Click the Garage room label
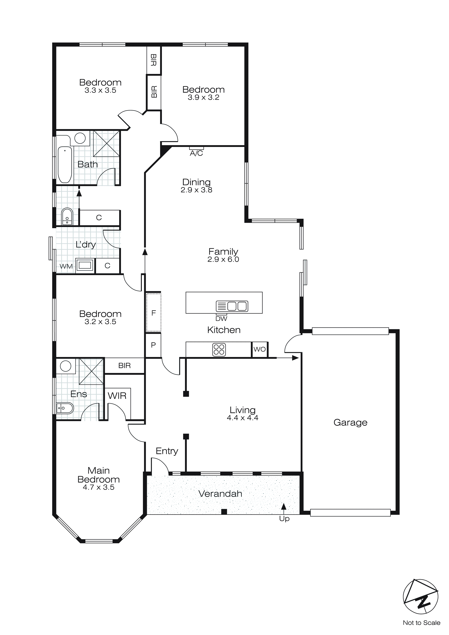pos(350,423)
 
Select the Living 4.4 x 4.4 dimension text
pos(243,418)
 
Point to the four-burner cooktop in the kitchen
pos(219,349)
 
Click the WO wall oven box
pos(260,349)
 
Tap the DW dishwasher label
pos(221,319)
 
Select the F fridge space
pos(153,313)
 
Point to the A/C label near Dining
pos(196,153)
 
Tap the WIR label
pos(117,396)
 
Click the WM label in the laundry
pos(66,266)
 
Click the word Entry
pos(167,451)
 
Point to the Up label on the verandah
pos(284,518)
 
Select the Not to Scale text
pos(421,623)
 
